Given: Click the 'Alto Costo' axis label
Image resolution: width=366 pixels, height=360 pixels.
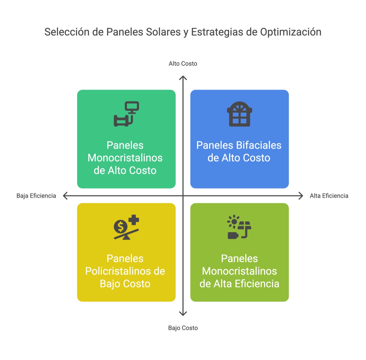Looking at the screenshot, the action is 183,64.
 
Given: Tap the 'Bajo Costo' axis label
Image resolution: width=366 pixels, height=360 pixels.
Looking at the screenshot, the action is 183,328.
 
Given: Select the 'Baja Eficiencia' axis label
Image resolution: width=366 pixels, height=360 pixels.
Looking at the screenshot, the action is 36,196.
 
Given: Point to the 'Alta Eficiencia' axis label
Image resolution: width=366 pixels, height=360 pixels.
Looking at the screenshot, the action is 329,196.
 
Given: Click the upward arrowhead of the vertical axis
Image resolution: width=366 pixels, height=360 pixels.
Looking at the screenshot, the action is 183,78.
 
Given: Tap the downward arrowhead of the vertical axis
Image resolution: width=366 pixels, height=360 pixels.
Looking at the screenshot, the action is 183,314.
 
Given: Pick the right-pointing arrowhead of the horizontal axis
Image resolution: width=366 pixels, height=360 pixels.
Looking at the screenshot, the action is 301,196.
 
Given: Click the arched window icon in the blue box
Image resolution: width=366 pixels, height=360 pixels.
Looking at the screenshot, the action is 239,114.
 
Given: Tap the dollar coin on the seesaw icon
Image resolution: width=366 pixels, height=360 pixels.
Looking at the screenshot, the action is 120,227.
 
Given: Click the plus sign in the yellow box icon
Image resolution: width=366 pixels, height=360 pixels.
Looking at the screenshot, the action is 134,220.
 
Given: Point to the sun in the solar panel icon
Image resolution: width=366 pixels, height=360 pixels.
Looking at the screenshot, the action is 234,222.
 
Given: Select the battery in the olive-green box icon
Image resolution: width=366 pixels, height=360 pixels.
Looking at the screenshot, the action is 233,236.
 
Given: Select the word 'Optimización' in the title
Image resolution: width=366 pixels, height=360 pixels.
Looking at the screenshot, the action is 291,32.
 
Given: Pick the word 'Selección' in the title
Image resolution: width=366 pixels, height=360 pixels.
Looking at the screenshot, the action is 67,32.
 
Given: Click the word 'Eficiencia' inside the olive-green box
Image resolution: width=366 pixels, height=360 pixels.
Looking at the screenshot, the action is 257,284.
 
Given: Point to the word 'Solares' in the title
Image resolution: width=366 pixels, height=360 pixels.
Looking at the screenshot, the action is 163,32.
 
